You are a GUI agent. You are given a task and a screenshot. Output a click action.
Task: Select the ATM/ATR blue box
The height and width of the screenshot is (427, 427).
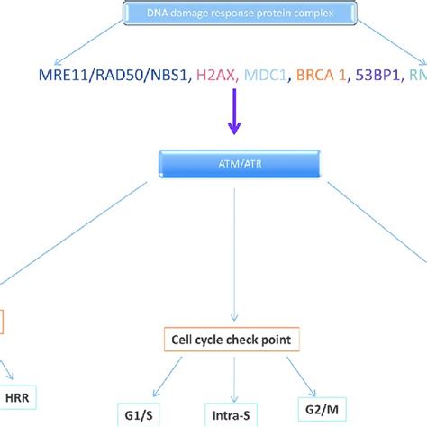235,164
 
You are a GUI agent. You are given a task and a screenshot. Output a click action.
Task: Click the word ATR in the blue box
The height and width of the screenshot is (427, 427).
245,164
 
